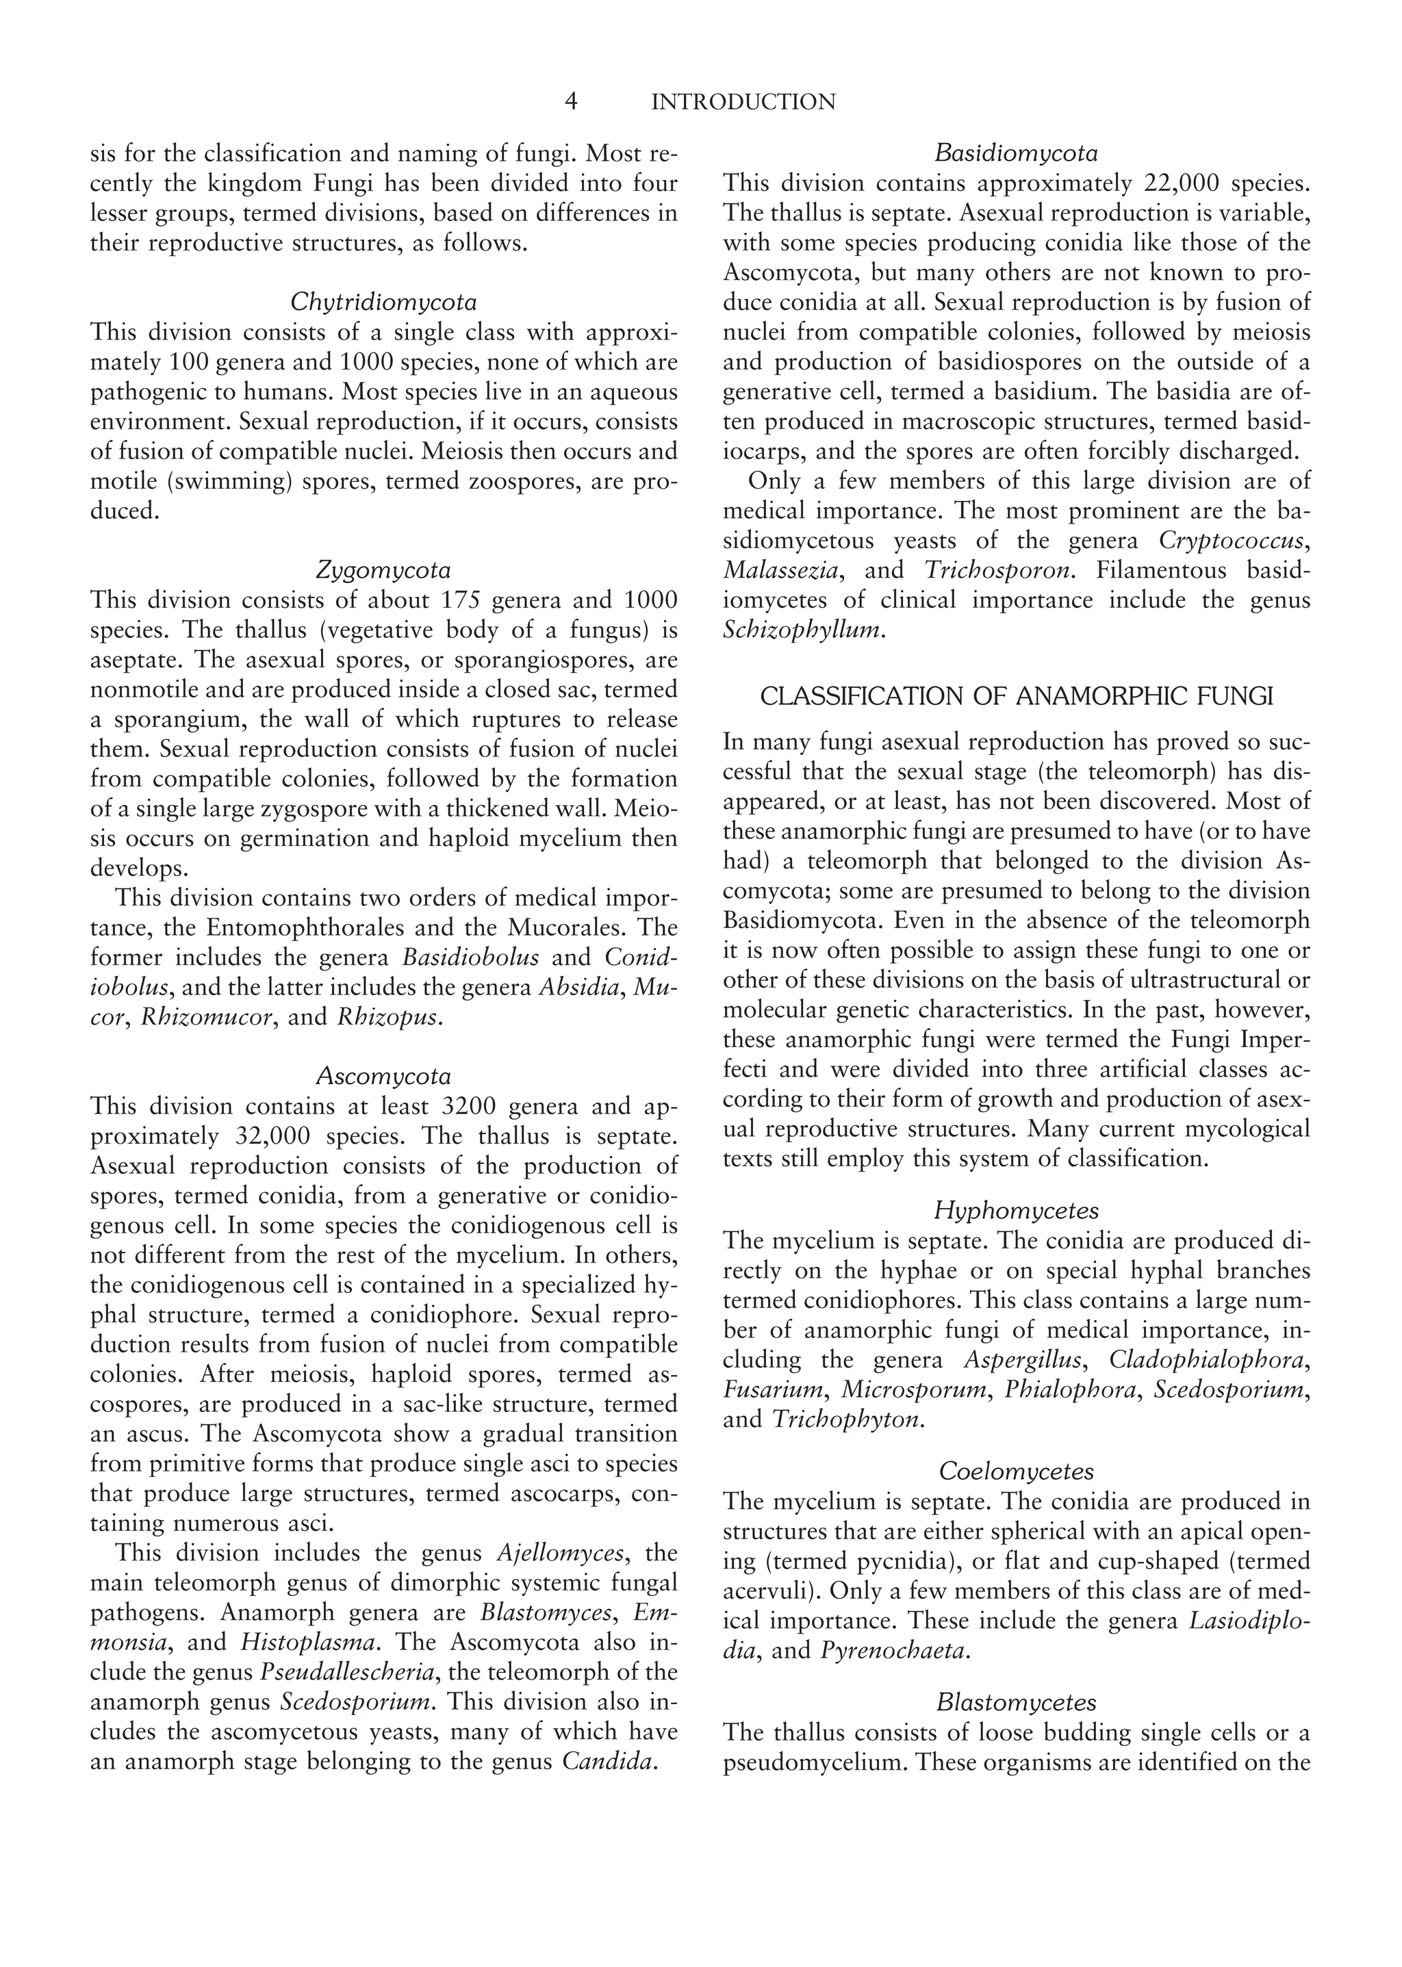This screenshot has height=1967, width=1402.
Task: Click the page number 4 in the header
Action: point(571,103)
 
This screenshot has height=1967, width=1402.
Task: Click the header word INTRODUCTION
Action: point(743,103)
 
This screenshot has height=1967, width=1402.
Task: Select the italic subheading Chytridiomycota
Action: point(383,302)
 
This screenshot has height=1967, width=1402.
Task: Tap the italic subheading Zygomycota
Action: point(383,571)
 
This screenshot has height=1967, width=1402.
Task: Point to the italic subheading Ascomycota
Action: point(383,1077)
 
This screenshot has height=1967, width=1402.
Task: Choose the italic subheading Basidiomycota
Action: point(1016,153)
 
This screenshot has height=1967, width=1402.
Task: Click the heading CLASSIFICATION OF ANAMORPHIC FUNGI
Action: point(1016,697)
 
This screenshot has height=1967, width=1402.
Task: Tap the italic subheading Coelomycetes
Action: point(1016,1471)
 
